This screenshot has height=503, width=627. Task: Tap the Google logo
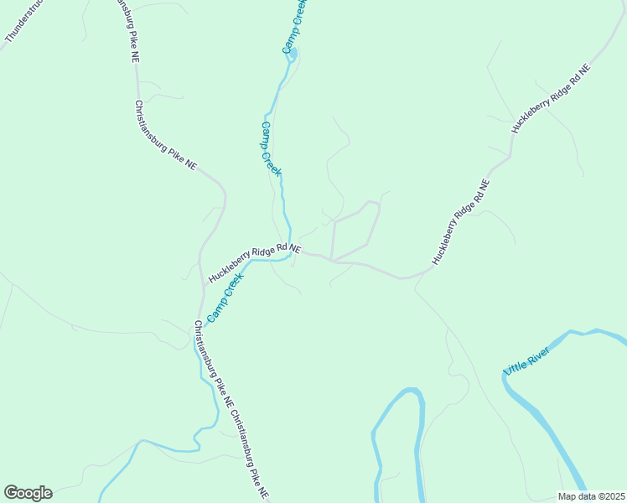click(28, 493)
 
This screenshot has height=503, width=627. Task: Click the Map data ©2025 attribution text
click(590, 496)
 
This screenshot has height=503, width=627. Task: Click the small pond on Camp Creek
click(293, 56)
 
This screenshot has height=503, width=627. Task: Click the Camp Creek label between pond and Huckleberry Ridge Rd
click(271, 148)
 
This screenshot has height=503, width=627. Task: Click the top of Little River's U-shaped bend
click(410, 391)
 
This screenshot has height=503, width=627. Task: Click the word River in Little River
click(538, 353)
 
